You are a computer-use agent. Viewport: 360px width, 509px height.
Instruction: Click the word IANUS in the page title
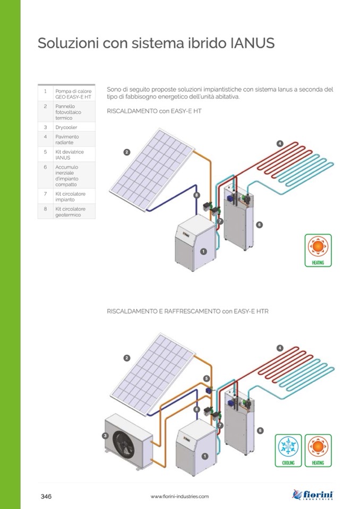click(252, 43)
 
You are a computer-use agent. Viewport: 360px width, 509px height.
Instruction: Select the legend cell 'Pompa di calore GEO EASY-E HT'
click(73, 94)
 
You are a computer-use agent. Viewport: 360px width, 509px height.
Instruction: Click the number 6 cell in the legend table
click(46, 167)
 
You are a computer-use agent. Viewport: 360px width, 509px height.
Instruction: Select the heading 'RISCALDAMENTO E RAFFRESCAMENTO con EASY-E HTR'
click(187, 311)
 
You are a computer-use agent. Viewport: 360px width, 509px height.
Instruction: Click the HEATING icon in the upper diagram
click(318, 249)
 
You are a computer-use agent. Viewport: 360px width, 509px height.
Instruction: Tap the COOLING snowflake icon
click(288, 450)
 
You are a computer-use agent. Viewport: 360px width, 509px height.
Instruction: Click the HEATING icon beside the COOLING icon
click(318, 450)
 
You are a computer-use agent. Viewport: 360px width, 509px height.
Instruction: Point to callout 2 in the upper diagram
click(127, 152)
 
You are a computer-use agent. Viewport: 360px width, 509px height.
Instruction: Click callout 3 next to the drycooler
click(105, 436)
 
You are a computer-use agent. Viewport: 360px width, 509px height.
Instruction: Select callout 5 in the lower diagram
click(207, 378)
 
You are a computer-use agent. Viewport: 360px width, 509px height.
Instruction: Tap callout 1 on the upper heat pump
click(203, 252)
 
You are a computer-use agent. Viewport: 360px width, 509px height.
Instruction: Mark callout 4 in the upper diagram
click(279, 144)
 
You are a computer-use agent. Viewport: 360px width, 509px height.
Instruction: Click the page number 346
click(46, 496)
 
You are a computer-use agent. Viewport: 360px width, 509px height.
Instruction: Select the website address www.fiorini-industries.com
click(179, 496)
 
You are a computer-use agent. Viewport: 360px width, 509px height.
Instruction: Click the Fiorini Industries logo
click(313, 495)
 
